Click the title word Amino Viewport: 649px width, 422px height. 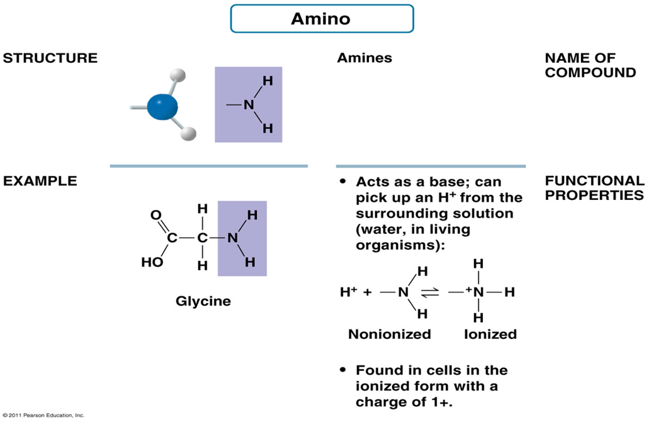320,19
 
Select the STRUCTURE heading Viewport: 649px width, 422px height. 50,58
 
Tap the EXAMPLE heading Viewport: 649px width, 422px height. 40,181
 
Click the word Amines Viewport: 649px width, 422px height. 364,58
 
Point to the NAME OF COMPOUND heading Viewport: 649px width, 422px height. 590,65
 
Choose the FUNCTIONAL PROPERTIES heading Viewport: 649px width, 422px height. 594,188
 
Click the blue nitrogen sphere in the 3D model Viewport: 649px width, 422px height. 162,107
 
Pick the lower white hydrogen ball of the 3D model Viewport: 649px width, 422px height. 189,133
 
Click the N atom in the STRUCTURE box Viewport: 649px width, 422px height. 248,105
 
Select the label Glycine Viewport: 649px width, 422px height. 203,301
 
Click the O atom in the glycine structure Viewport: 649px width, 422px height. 155,215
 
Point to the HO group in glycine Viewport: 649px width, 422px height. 152,262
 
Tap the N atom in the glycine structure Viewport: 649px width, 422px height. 232,238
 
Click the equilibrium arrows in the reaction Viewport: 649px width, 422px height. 429,292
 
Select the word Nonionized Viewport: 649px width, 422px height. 390,334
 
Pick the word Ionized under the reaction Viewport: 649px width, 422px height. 490,334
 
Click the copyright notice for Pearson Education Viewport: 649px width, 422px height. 43,416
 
